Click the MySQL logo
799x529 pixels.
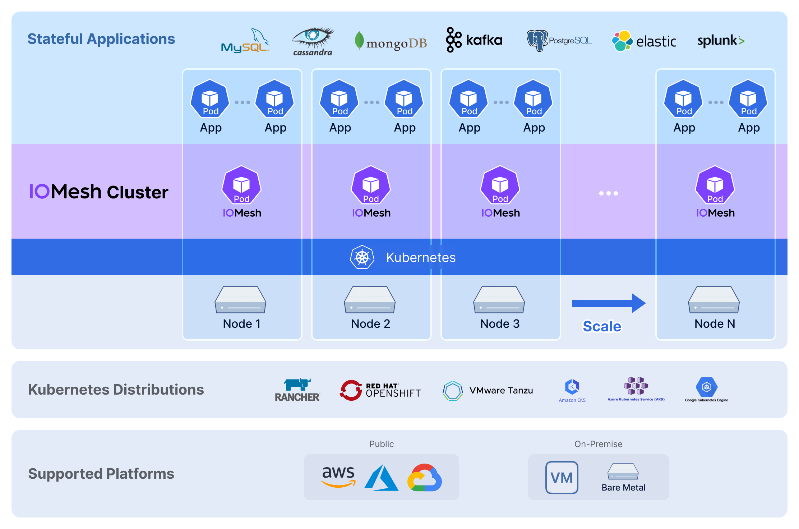[245, 41]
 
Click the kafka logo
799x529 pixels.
[474, 40]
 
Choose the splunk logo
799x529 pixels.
[721, 41]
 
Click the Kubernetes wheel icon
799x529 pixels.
[362, 257]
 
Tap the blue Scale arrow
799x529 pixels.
[609, 303]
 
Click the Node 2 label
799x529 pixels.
[371, 324]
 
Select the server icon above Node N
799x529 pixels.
[714, 300]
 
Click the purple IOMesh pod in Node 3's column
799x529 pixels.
[500, 185]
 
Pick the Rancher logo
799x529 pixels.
[297, 390]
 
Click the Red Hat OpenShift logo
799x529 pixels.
[380, 390]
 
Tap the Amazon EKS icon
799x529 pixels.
[572, 387]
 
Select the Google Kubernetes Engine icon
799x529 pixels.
[707, 387]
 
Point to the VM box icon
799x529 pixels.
[562, 478]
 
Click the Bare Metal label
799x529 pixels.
[624, 488]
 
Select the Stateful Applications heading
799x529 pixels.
[101, 39]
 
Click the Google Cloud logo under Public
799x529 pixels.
[425, 477]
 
